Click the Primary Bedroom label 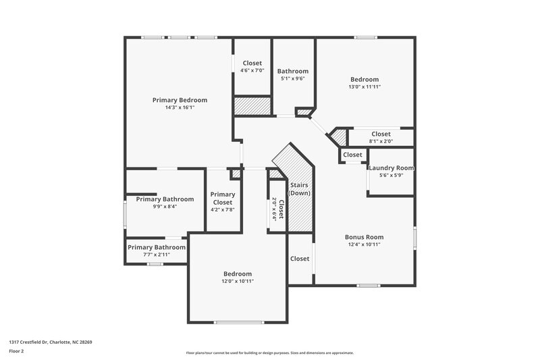(x=180, y=100)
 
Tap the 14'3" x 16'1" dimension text (x=180, y=107)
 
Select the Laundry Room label (x=391, y=168)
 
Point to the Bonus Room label (x=364, y=237)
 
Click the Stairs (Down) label (x=299, y=189)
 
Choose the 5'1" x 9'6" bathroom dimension (x=293, y=78)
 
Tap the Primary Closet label (x=223, y=199)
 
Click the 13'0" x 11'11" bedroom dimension (x=364, y=86)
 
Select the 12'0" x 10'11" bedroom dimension (x=238, y=281)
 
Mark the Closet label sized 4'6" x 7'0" (x=252, y=63)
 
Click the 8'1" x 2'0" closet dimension (x=381, y=141)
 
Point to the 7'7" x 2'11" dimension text (x=157, y=255)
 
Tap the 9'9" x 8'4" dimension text (x=165, y=207)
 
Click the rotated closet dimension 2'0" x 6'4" (x=274, y=209)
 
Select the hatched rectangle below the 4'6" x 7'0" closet (x=252, y=106)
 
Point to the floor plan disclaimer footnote (x=269, y=353)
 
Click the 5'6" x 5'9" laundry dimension (x=391, y=176)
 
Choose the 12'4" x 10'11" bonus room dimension (x=364, y=245)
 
